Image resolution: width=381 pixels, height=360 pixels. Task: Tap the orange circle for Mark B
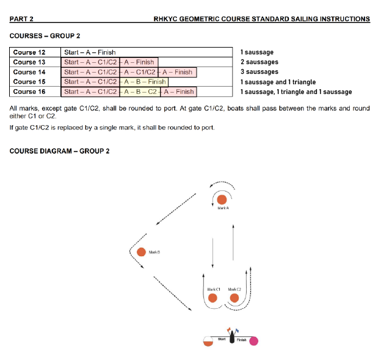tap(142, 251)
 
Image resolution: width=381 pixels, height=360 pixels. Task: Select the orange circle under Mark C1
tap(212, 298)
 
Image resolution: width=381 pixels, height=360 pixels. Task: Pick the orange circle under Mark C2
tap(234, 298)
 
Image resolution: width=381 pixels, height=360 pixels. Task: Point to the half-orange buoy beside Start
tap(208, 341)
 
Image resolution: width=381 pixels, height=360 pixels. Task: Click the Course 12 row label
tap(29, 52)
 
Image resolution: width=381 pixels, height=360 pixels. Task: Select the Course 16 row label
tap(29, 92)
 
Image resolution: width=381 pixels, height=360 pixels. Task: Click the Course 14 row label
tap(29, 72)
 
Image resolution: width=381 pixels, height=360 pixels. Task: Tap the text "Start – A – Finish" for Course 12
tap(90, 52)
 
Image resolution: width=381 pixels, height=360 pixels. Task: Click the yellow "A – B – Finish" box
tap(143, 82)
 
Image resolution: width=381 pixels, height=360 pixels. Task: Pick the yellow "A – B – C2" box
tap(140, 92)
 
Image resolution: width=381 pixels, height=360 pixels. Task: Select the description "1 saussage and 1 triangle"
tap(278, 82)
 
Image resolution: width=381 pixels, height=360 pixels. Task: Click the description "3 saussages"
tap(259, 72)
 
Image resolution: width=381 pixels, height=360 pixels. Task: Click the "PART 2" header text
tap(22, 19)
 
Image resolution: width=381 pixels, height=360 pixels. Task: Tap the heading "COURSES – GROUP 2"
tap(45, 37)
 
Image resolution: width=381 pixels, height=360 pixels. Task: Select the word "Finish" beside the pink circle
tap(242, 339)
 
